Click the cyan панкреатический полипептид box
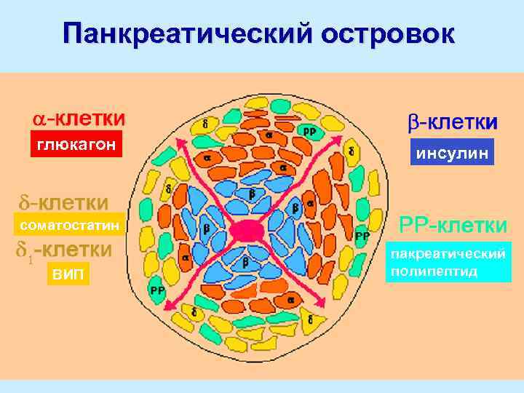point(448,263)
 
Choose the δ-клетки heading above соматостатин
point(63,200)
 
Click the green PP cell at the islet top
point(309,131)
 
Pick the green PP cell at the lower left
point(157,290)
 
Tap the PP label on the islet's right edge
point(362,236)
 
